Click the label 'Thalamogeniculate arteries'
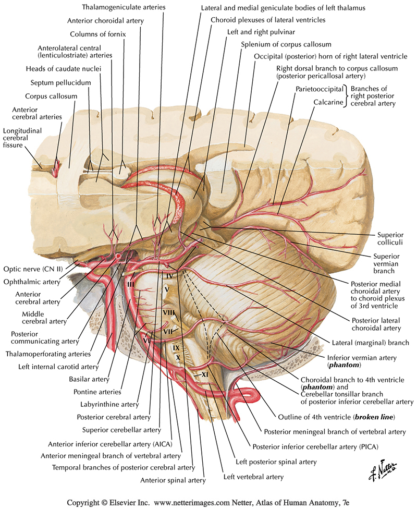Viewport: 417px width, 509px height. point(124,7)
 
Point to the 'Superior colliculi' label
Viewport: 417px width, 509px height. point(390,237)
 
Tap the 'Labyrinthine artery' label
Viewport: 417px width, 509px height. point(109,404)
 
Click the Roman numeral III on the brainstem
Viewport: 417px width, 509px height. point(130,284)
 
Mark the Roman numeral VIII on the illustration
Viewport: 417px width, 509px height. point(168,312)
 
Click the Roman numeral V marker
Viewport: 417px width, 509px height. point(166,288)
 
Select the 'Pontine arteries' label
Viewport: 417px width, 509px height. point(99,391)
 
